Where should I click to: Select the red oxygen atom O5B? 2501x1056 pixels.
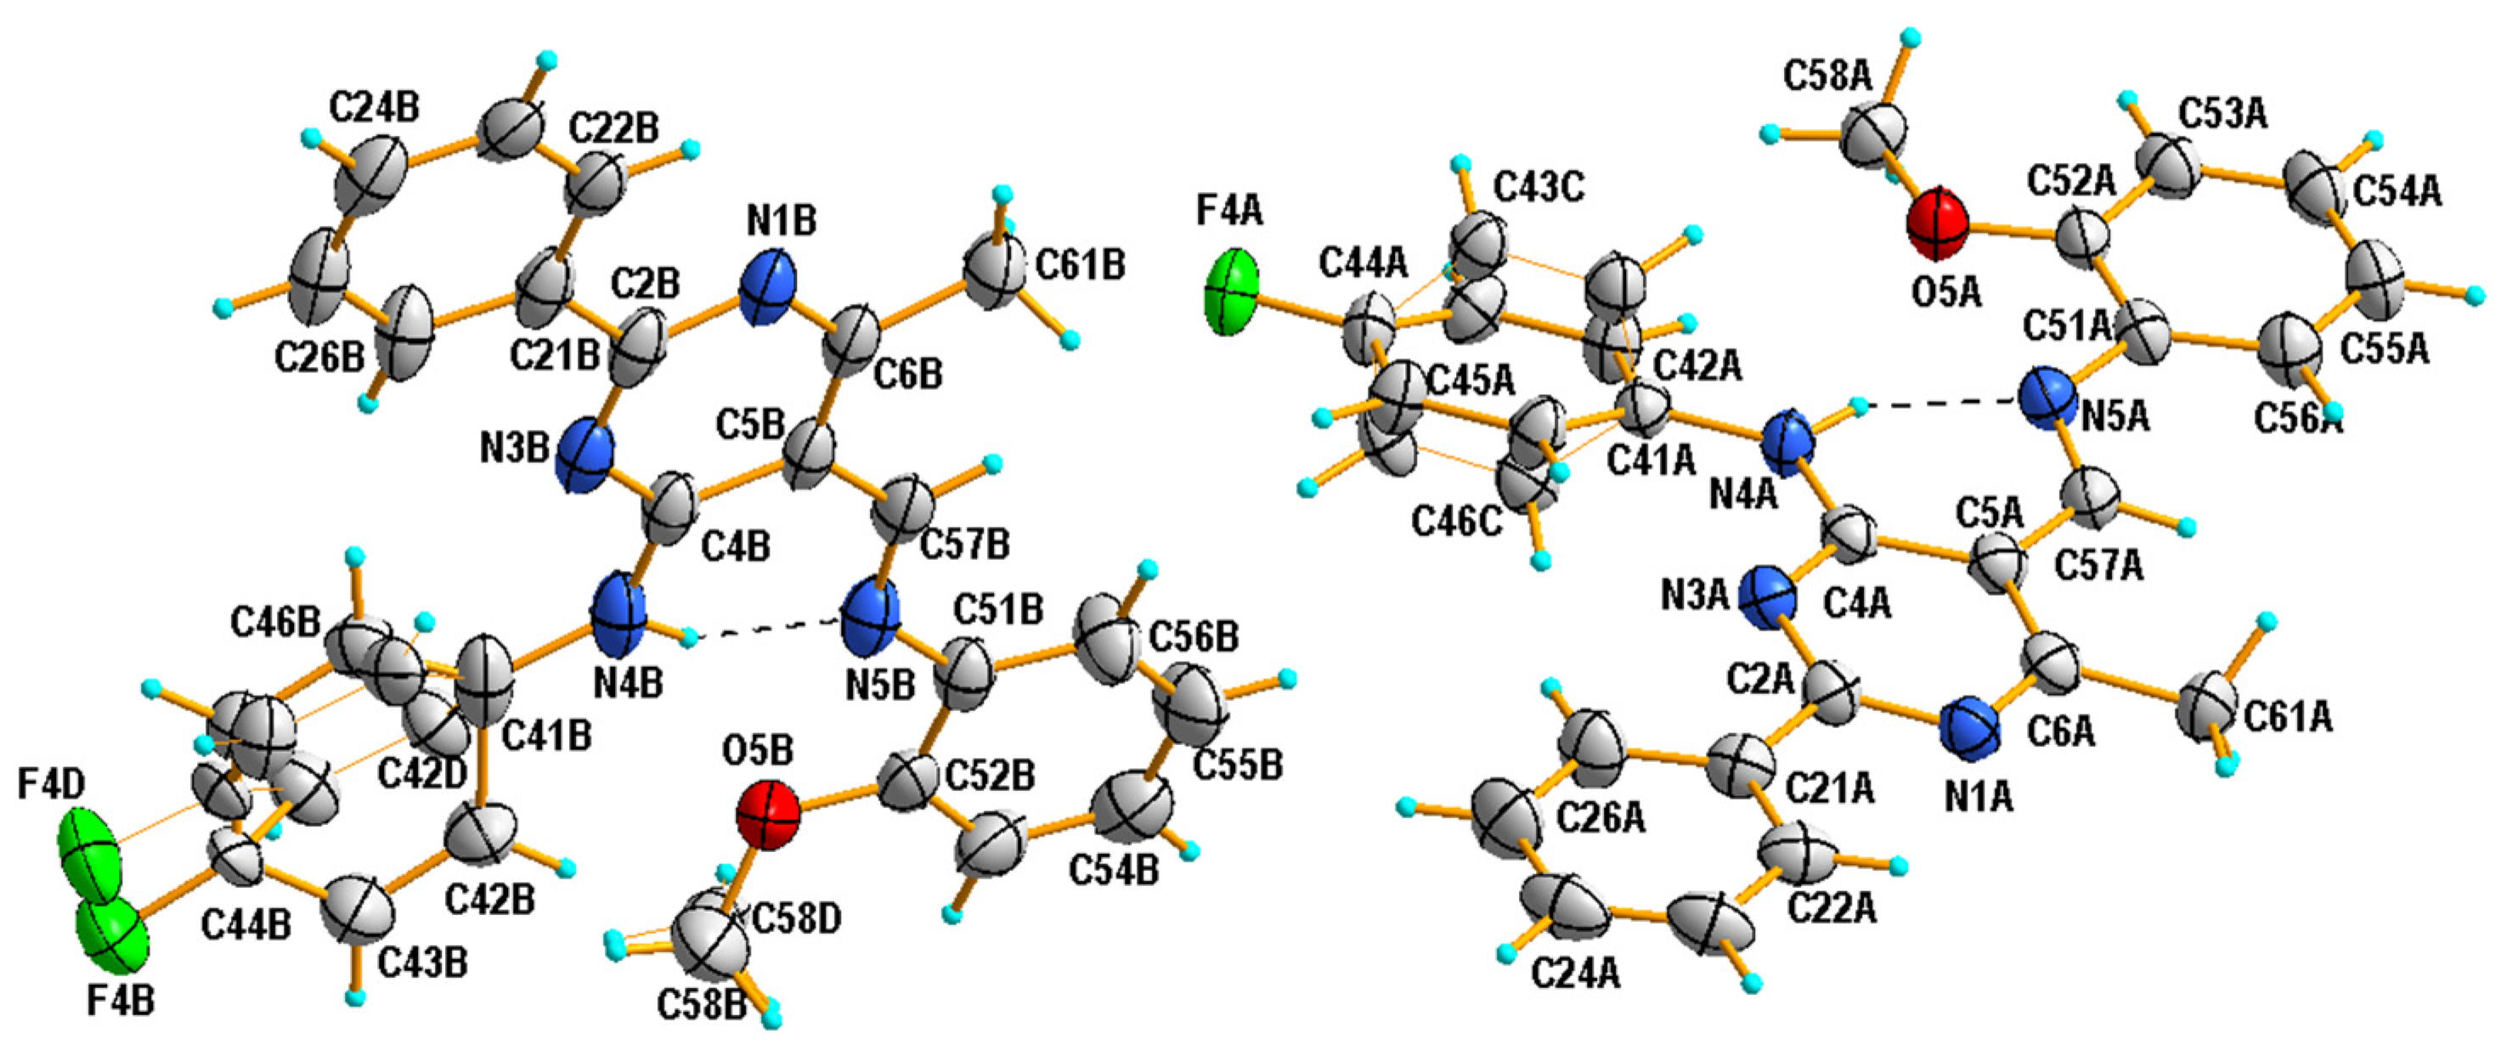click(768, 816)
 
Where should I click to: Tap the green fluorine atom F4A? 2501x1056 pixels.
click(1232, 292)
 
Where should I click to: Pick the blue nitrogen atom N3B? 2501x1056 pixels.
click(586, 455)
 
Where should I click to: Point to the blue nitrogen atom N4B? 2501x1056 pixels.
click(618, 613)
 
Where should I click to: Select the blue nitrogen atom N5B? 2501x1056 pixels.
click(871, 618)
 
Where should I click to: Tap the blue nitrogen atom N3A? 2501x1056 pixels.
click(1768, 598)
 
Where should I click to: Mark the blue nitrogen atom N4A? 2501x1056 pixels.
click(1787, 443)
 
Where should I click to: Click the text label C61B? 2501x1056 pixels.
click(1081, 265)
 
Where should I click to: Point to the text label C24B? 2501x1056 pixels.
click(374, 108)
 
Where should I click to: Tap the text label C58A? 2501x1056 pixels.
click(1827, 76)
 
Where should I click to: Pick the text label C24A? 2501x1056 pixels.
click(1576, 973)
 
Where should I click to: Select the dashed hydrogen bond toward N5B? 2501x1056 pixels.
click(767, 628)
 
